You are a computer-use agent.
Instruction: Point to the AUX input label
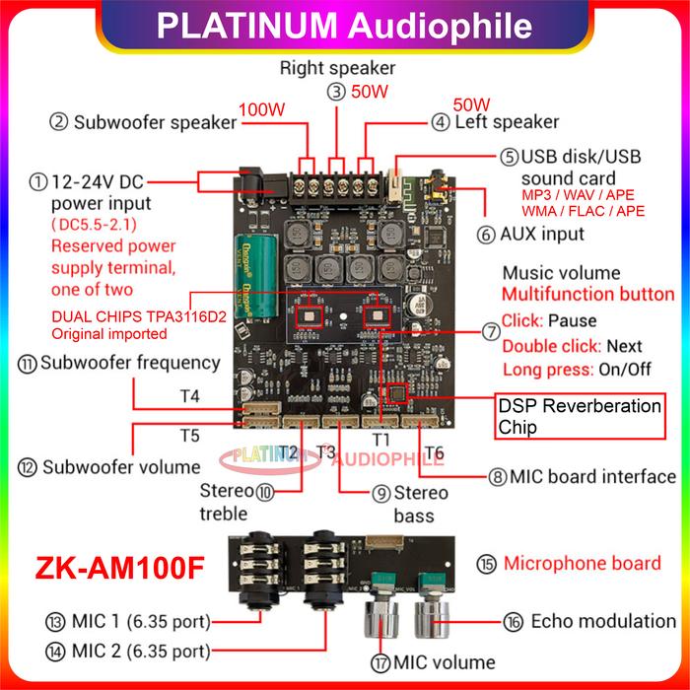(543, 235)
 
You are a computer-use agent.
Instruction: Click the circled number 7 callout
(490, 332)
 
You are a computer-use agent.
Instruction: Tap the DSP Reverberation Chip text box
(577, 417)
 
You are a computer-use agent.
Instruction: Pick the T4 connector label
(189, 396)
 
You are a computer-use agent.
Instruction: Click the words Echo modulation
(602, 621)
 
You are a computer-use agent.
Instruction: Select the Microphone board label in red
(582, 564)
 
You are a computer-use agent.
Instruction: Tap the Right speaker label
(337, 68)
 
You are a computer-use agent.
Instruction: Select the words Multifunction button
(588, 295)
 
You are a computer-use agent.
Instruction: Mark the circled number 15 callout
(486, 564)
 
